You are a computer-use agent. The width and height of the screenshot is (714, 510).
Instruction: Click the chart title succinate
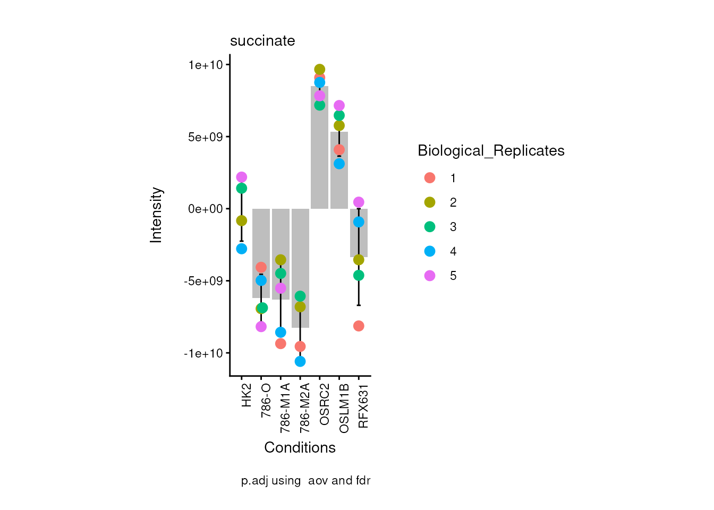click(262, 41)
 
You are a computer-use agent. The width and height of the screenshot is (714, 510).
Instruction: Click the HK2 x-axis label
click(246, 395)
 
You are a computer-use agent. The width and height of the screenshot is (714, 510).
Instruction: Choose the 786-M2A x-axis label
click(305, 407)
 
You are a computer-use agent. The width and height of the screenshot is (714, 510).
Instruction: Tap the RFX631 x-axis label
click(363, 406)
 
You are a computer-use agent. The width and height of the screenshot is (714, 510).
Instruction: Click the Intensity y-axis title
click(156, 215)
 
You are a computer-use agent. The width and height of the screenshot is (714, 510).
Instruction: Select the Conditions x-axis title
click(300, 448)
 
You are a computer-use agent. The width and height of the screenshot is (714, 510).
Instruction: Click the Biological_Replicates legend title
click(491, 151)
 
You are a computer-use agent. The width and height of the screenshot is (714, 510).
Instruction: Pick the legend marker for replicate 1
click(430, 178)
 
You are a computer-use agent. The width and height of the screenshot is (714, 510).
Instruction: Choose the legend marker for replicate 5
click(430, 276)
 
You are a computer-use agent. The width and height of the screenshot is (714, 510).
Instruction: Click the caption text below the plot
click(305, 481)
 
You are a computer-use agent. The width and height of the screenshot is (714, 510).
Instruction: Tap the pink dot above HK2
click(242, 177)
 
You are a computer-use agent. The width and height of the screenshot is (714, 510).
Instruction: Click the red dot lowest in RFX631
click(359, 326)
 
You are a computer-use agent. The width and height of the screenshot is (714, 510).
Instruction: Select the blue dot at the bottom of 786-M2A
click(300, 361)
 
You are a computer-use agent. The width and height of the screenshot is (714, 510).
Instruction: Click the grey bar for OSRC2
click(319, 159)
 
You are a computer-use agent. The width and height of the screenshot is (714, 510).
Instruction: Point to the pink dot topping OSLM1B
click(339, 106)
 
